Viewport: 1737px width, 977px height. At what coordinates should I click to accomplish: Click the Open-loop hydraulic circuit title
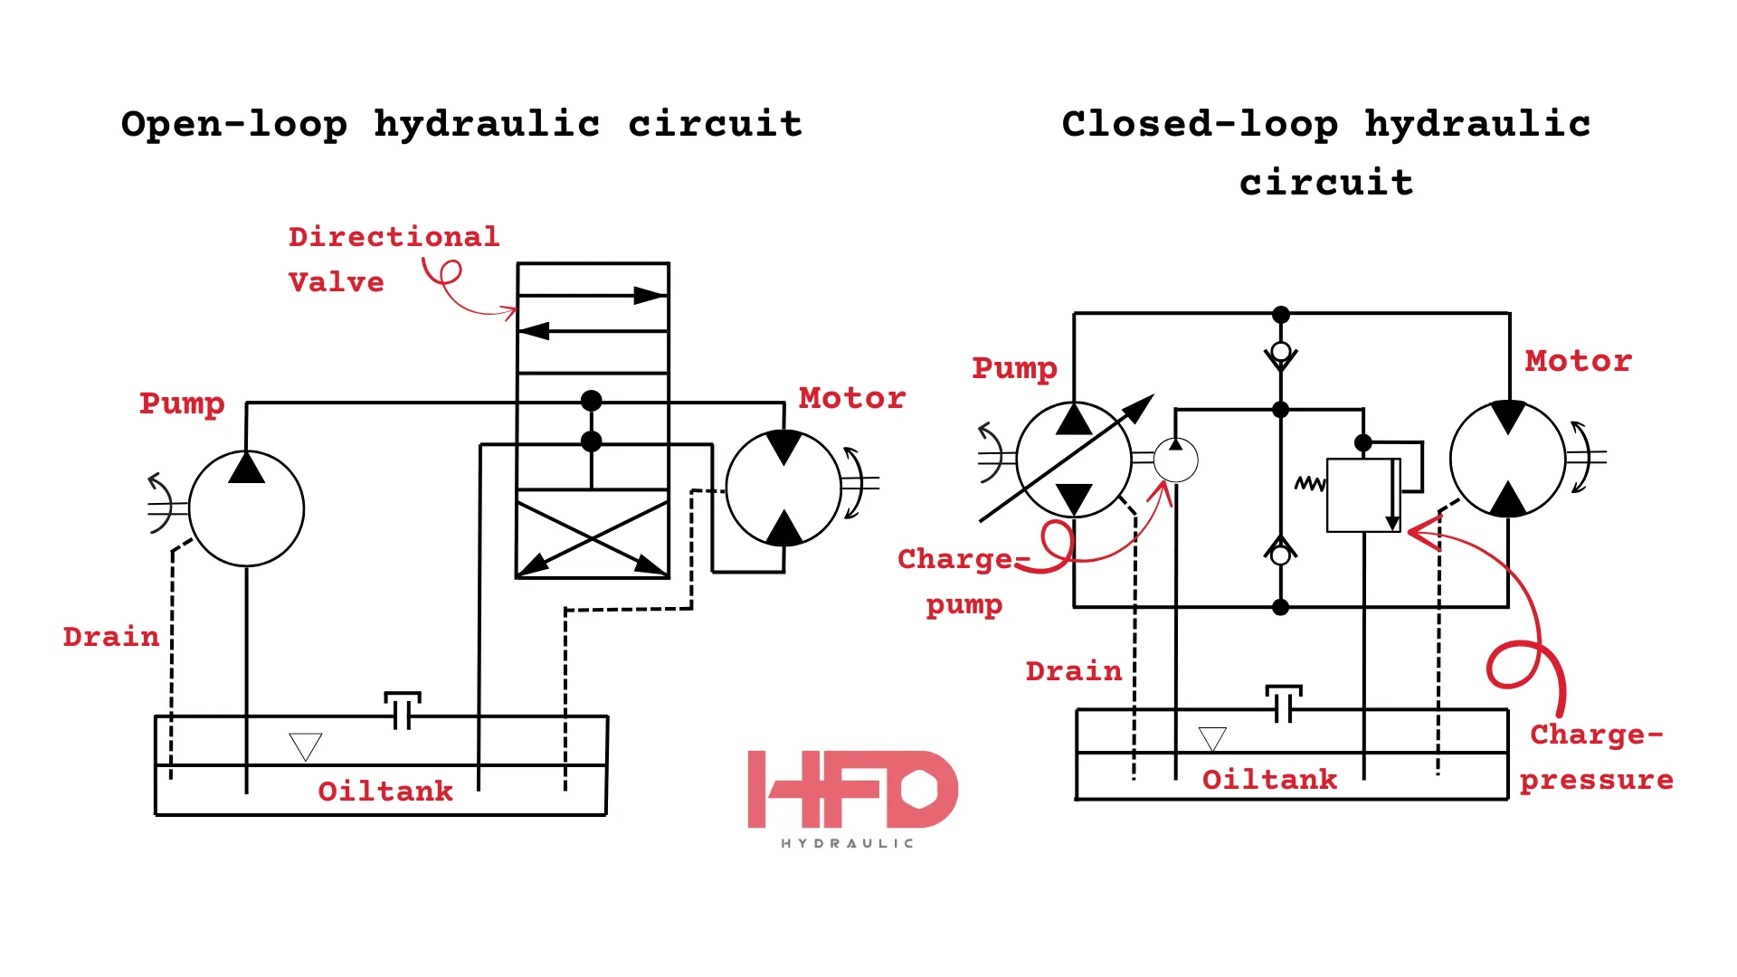[x=461, y=124]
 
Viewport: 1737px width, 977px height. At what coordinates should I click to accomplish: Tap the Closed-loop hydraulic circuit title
[x=1326, y=152]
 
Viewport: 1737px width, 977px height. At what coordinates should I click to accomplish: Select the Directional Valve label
[x=393, y=259]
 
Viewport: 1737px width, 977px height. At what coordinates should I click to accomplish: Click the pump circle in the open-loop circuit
[x=246, y=508]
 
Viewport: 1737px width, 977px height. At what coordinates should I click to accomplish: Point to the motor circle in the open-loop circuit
[x=783, y=488]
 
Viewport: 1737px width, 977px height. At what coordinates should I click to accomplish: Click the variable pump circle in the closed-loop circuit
[x=1074, y=460]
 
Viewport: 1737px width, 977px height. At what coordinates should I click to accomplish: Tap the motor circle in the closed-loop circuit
[x=1507, y=459]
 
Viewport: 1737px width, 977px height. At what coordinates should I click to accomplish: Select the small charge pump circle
[x=1176, y=460]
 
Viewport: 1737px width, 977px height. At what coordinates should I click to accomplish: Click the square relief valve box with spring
[x=1362, y=495]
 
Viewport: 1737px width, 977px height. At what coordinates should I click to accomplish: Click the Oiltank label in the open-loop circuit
[x=385, y=792]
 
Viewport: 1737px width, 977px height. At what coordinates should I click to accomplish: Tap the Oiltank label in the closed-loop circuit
[x=1269, y=780]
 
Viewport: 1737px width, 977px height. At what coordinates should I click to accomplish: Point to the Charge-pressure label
[x=1597, y=757]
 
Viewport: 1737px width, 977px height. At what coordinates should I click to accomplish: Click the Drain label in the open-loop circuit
[x=110, y=637]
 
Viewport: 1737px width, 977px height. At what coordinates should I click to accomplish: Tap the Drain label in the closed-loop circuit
[x=1073, y=671]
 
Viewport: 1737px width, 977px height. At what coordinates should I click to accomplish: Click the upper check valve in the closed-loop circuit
[x=1280, y=356]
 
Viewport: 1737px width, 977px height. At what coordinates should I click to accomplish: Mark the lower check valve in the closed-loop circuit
[x=1280, y=552]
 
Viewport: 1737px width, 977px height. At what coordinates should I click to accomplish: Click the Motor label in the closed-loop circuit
[x=1578, y=361]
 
